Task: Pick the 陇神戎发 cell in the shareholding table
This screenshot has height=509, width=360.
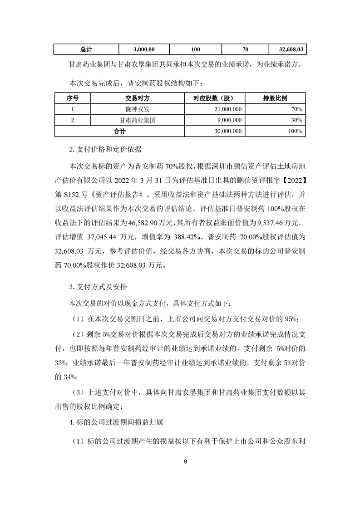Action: [137, 109]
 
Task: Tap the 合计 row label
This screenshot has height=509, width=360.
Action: [119, 131]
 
